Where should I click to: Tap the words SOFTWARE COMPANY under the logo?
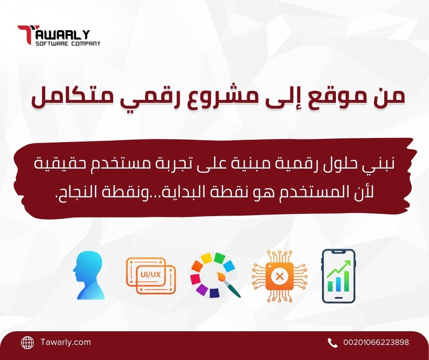(x=68, y=43)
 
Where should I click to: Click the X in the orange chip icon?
(x=280, y=276)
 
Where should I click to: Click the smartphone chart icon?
(x=338, y=276)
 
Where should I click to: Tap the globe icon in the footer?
(x=28, y=342)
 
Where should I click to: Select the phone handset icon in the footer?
(x=332, y=342)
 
